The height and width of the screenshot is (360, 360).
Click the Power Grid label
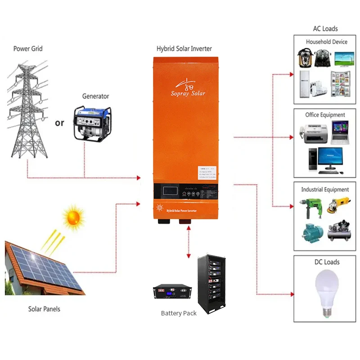tap(28, 49)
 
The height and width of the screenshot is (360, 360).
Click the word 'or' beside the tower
tap(59, 123)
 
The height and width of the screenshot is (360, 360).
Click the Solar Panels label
tap(44, 309)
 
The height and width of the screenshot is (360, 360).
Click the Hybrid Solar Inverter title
tap(184, 49)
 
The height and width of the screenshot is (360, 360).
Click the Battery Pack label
tap(179, 313)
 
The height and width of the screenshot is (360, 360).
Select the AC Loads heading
tap(325, 29)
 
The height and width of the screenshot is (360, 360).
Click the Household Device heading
tap(327, 42)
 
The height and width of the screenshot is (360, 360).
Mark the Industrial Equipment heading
tap(325, 189)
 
